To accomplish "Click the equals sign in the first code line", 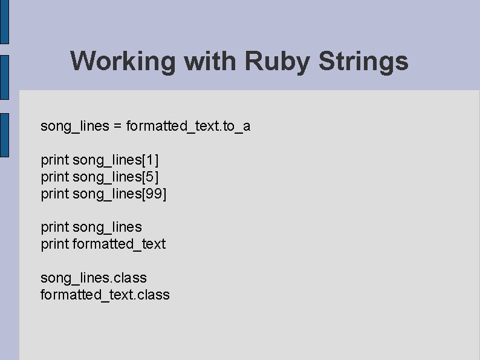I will pos(117,126).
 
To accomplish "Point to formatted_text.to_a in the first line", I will pos(188,126).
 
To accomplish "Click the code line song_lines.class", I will pos(94,278).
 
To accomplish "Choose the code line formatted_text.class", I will pos(105,295).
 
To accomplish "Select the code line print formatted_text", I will pos(103,244).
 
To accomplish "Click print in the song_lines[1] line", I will pos(54,160).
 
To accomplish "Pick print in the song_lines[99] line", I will pos(54,194).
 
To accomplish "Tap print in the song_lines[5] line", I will pos(54,177).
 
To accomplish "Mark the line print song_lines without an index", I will pos(91,227).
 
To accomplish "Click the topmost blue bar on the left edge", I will pos(4,22).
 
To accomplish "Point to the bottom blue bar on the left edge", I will pos(4,135).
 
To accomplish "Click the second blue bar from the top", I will pos(4,77).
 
